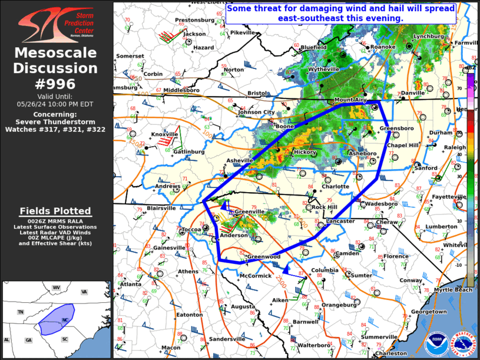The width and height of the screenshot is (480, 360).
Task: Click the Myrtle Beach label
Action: pyautogui.click(x=453, y=290)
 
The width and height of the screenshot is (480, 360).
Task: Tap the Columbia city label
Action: pyautogui.click(x=325, y=270)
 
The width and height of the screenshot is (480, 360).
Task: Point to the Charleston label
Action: pyautogui.click(x=391, y=354)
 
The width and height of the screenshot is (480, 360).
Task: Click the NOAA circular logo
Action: pyautogui.click(x=435, y=341)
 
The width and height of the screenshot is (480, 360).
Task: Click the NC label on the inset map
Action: pyautogui.click(x=65, y=320)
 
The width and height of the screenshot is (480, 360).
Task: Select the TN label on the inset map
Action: pyautogui.click(x=21, y=312)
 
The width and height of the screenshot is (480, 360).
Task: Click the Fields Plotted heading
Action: pyautogui.click(x=55, y=211)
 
